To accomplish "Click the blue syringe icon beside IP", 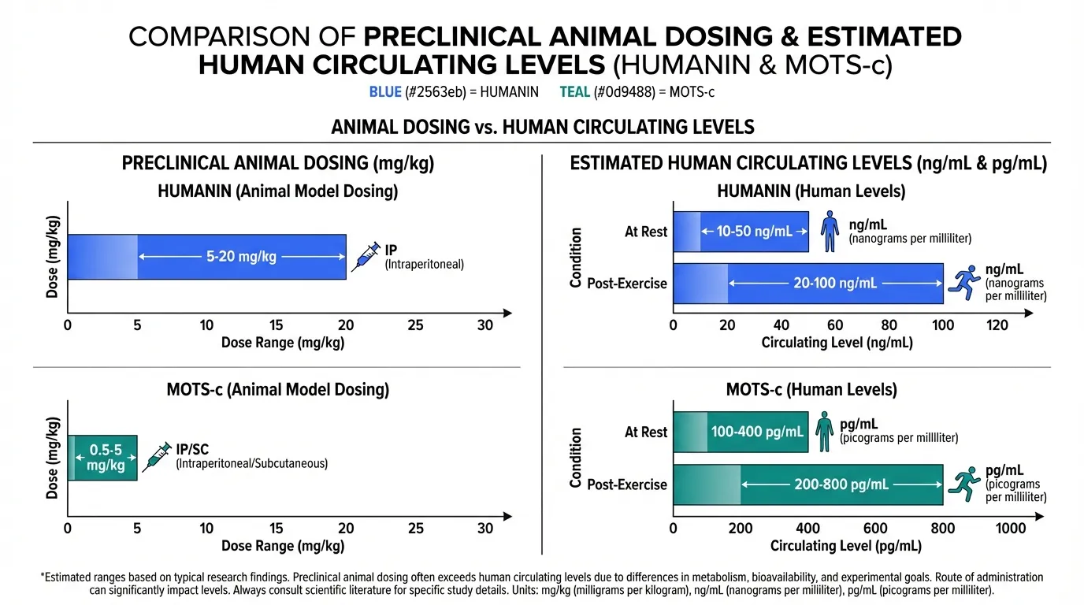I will [366, 257].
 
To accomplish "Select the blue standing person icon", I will [828, 232].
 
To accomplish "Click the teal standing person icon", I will [824, 432].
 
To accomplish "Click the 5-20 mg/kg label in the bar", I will [241, 257].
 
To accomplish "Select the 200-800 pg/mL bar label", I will [841, 484].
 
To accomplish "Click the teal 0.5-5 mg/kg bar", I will [102, 458].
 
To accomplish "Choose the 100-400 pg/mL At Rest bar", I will [741, 432].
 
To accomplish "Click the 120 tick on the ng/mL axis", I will [997, 325].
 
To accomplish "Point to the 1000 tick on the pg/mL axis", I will [1010, 529].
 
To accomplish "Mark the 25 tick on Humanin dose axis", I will [415, 325].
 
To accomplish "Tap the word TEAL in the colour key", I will [574, 92].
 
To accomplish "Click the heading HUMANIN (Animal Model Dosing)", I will [278, 191].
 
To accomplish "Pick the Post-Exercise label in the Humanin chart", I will [627, 283].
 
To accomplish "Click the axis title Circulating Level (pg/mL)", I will [845, 546].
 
